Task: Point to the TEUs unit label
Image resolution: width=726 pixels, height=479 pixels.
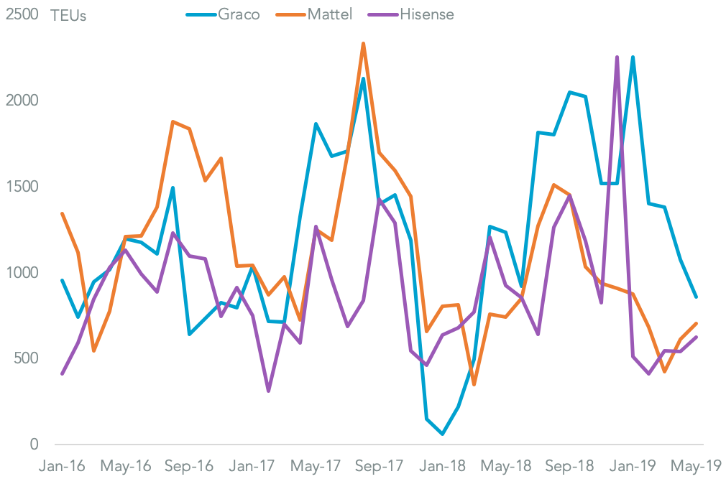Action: pyautogui.click(x=68, y=16)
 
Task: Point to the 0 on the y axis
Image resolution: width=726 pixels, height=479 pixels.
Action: pyautogui.click(x=33, y=445)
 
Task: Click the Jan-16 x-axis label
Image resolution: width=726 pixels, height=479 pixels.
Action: pyautogui.click(x=62, y=465)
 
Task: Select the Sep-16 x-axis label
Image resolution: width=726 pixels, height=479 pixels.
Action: pyautogui.click(x=189, y=465)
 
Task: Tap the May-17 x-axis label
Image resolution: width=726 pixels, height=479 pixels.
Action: pyautogui.click(x=316, y=465)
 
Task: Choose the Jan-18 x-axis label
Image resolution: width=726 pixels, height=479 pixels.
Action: pyautogui.click(x=443, y=465)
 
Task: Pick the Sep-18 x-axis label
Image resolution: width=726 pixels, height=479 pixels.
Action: pyautogui.click(x=570, y=465)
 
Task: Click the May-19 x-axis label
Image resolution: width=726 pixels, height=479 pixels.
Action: pyautogui.click(x=696, y=465)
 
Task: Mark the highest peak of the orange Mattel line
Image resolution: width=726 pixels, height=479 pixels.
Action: pyautogui.click(x=364, y=44)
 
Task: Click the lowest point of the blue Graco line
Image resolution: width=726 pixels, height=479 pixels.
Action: pyautogui.click(x=443, y=434)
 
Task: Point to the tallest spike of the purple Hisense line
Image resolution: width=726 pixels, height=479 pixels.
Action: pyautogui.click(x=617, y=57)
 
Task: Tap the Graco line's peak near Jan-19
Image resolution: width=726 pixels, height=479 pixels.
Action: pyautogui.click(x=633, y=57)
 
